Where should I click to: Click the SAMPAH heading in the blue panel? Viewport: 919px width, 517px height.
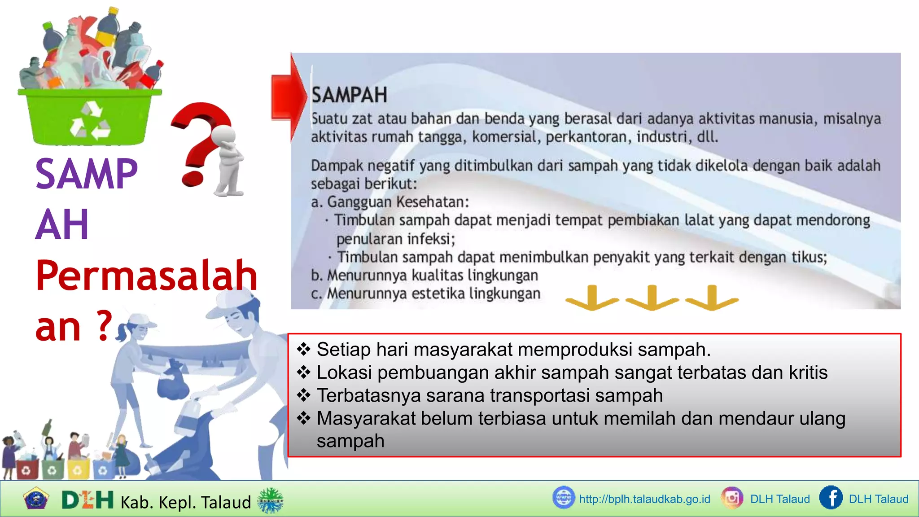pyautogui.click(x=349, y=95)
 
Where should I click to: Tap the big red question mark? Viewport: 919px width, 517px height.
pyautogui.click(x=201, y=139)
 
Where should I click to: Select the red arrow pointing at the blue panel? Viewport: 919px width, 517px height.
pyautogui.click(x=289, y=97)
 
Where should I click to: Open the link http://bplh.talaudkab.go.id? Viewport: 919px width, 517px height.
pyautogui.click(x=644, y=499)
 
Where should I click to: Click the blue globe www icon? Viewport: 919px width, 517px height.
pyautogui.click(x=564, y=498)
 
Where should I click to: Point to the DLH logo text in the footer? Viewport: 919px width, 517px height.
pyautogui.click(x=88, y=500)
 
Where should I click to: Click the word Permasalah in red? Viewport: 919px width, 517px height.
pyautogui.click(x=146, y=276)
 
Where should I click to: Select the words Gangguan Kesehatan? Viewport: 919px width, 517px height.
pyautogui.click(x=398, y=202)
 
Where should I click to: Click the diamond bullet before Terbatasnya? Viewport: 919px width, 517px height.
pyautogui.click(x=304, y=395)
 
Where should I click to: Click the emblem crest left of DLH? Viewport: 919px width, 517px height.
pyautogui.click(x=36, y=499)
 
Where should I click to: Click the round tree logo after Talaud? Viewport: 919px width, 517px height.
pyautogui.click(x=271, y=500)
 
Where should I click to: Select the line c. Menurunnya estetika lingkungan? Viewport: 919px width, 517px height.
pyautogui.click(x=426, y=294)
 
